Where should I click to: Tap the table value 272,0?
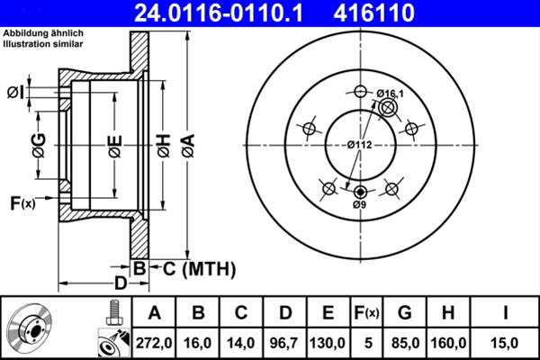point(154,343)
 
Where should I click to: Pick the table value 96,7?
point(284,343)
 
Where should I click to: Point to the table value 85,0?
point(406,343)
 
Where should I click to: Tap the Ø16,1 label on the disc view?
point(391,94)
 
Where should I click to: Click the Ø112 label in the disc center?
point(361,146)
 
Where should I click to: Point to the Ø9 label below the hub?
point(359,205)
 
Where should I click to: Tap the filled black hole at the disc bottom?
point(361,192)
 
